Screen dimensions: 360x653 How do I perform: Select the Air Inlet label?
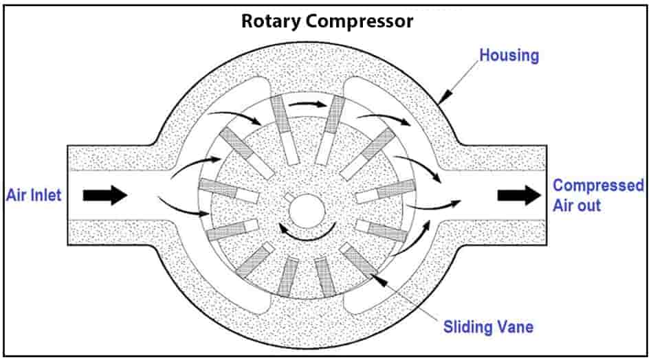(34, 195)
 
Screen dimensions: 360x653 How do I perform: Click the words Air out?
(577, 205)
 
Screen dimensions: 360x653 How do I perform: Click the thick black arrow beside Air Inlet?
(104, 195)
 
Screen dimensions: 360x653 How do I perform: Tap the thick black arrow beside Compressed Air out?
(520, 195)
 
